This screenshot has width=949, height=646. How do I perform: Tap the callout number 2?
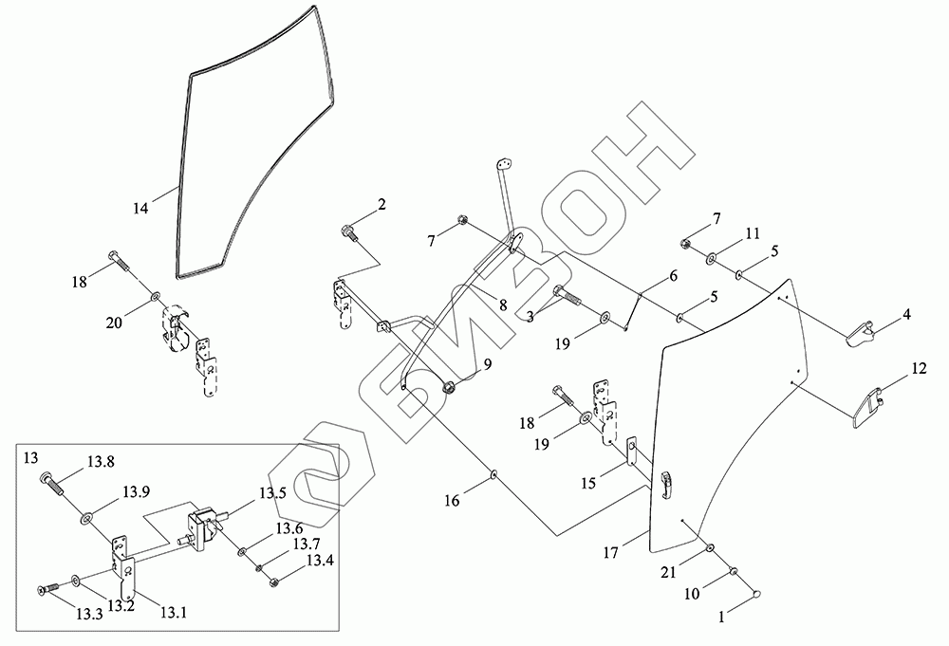(x=381, y=204)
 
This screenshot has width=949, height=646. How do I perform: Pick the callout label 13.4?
(x=319, y=561)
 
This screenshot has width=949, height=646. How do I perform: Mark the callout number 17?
(x=612, y=550)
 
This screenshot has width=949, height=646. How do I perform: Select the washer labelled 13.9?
(x=87, y=518)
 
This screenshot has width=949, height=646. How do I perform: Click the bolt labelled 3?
(x=566, y=295)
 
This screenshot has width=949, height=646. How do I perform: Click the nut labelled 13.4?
(x=273, y=581)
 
